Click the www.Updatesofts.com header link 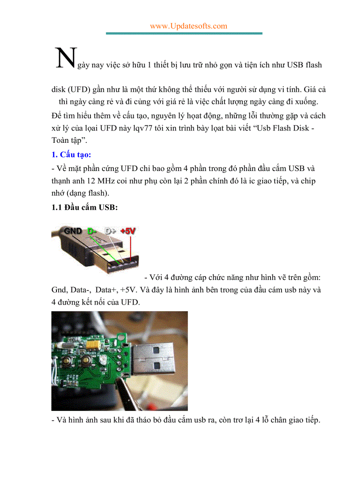coord(188,26)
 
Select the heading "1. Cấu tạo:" coord(71,155)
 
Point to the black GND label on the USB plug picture coord(73,231)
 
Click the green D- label coord(92,231)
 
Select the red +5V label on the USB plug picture coord(128,231)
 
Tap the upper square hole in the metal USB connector coord(157,352)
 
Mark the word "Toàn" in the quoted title coord(61,140)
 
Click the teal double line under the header coord(184,33)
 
